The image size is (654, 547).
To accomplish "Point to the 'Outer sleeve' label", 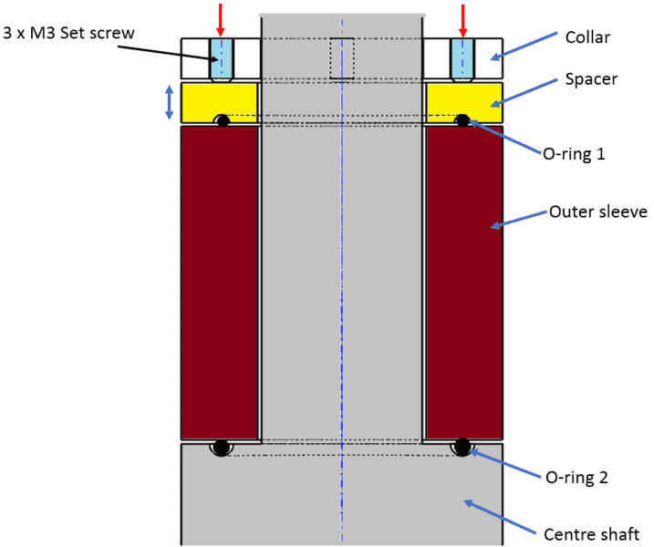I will (597, 212).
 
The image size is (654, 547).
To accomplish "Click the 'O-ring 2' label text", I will (576, 477).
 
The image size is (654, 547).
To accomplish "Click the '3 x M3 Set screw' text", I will (68, 35).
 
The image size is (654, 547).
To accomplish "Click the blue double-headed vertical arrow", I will (169, 102).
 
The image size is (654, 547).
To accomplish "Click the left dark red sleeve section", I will (220, 283).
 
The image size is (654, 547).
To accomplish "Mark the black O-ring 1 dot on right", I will (462, 120).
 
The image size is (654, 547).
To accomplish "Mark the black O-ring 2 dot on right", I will (462, 447).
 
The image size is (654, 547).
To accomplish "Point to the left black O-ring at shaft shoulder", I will (220, 447).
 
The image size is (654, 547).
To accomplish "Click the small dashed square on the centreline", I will (342, 58).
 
